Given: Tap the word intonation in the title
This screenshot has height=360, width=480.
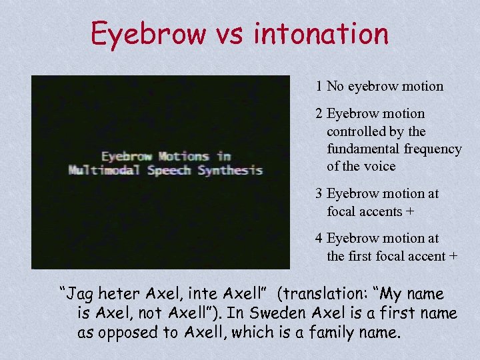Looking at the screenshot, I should [321, 33].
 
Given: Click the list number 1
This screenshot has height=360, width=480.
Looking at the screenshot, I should [320, 86].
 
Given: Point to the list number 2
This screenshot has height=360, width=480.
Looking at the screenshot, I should [320, 114].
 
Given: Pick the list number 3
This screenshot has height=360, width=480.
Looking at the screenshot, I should [320, 194].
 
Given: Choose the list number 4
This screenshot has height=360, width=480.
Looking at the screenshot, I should [320, 239].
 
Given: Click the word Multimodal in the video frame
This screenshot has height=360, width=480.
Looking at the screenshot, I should [104, 170].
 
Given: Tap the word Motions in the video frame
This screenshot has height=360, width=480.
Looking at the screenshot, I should [184, 157].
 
